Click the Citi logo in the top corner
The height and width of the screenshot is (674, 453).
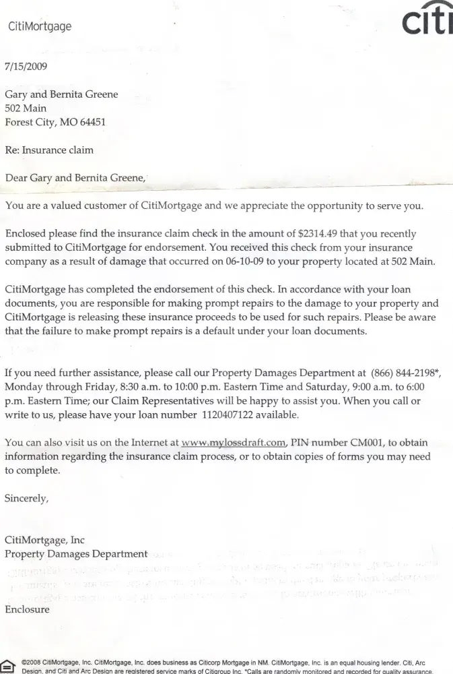[x=427, y=22]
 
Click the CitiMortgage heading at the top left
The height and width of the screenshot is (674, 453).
[x=39, y=27]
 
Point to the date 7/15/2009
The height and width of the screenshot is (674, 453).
[x=26, y=66]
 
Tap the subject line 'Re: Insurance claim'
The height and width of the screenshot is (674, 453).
[x=49, y=150]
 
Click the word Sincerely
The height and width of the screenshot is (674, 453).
[x=27, y=499]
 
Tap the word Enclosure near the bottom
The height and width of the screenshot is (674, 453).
[x=27, y=609]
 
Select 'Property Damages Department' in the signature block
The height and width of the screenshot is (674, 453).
[x=76, y=554]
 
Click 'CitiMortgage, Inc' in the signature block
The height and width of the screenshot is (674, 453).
[x=44, y=540]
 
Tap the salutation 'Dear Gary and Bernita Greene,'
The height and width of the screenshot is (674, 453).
[x=75, y=178]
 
